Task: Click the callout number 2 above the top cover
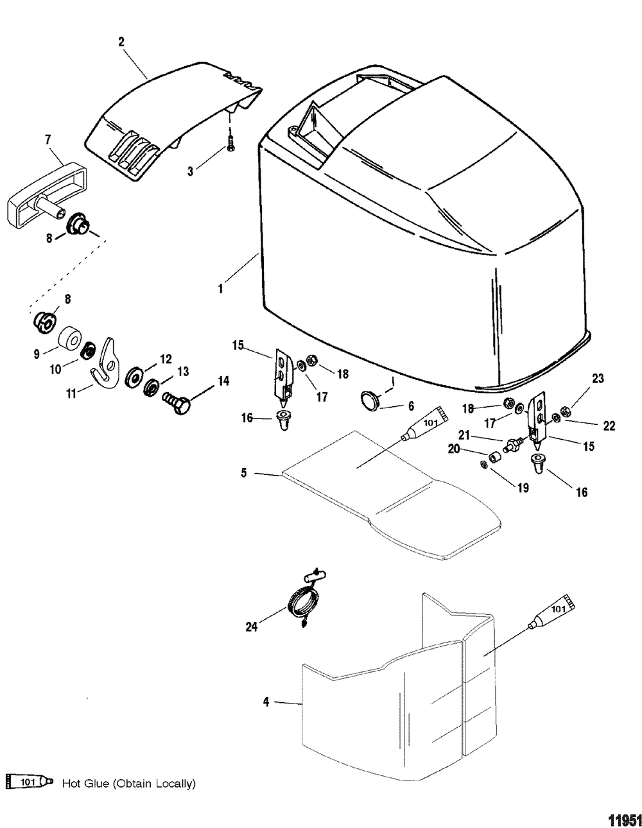pos(121,42)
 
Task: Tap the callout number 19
pos(524,488)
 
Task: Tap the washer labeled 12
pos(136,374)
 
